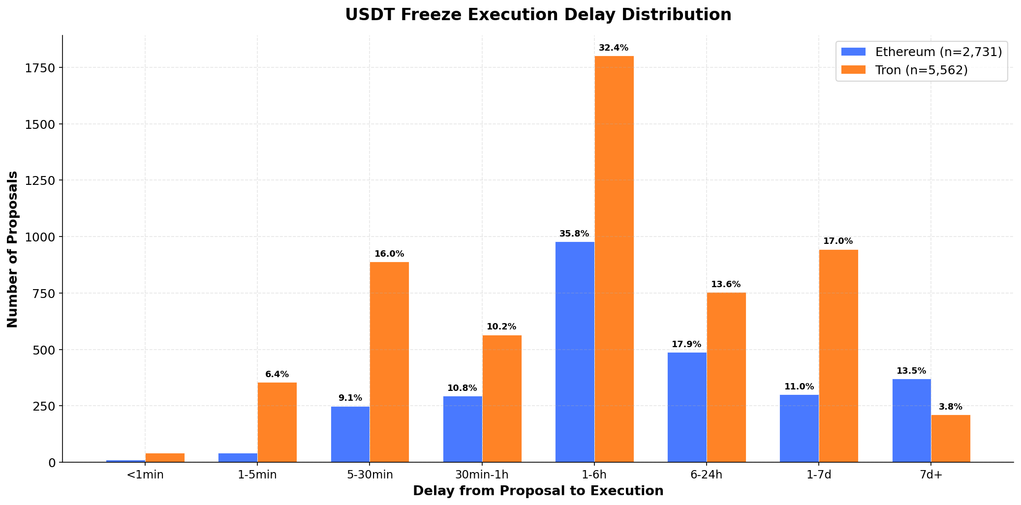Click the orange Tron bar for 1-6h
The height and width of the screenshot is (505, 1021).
(614, 259)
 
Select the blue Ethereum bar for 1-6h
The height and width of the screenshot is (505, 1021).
(575, 352)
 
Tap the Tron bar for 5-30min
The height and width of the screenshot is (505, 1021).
(389, 362)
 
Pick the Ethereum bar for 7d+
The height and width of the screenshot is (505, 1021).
(911, 420)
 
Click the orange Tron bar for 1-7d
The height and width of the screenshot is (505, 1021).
(838, 356)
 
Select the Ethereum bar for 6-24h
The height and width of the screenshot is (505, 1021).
(687, 407)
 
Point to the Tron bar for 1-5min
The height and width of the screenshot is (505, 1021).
(277, 422)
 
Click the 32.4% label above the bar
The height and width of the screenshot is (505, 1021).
(614, 48)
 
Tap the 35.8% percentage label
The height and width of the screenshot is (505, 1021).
(574, 234)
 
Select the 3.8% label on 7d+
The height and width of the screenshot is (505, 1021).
(951, 407)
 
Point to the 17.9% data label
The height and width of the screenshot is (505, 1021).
(686, 345)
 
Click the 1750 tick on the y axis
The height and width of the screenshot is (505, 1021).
(40, 68)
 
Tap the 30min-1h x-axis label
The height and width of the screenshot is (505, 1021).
(482, 475)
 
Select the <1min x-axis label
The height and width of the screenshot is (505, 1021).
(145, 475)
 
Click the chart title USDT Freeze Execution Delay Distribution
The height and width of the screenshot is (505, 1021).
(538, 15)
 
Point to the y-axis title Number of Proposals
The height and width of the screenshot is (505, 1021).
(13, 249)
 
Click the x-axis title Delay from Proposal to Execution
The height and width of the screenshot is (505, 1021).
(538, 491)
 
